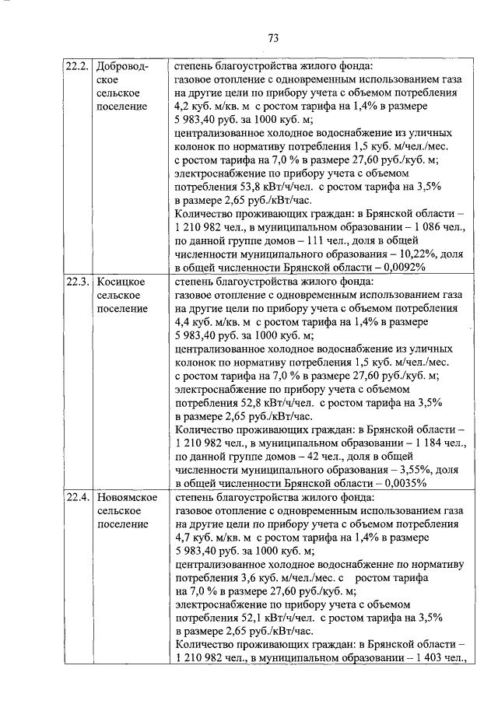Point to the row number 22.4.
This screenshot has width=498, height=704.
pyautogui.click(x=76, y=497)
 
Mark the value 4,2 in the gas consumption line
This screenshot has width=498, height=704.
pyautogui.click(x=183, y=107)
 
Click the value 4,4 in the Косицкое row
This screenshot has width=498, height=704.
pyautogui.click(x=183, y=322)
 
